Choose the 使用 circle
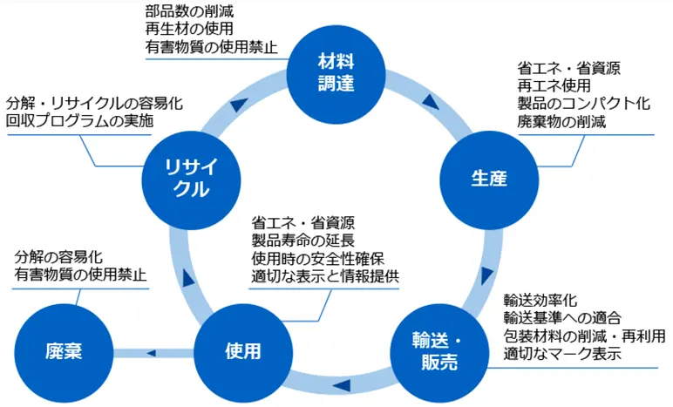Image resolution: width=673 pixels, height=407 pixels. pyautogui.click(x=241, y=352)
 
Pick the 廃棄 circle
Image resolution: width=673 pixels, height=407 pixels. pyautogui.click(x=64, y=352)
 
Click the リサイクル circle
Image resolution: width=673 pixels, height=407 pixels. pyautogui.click(x=186, y=178)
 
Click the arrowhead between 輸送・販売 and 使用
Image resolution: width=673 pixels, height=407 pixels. pyautogui.click(x=342, y=383)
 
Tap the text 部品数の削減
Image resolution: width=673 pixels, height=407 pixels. pyautogui.click(x=189, y=12)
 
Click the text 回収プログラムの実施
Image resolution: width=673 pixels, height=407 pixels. pyautogui.click(x=79, y=121)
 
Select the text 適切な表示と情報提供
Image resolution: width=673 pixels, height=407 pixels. pyautogui.click(x=324, y=276)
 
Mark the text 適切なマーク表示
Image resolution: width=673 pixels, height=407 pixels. pyautogui.click(x=561, y=354)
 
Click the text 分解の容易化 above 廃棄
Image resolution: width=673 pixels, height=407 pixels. pyautogui.click(x=59, y=258)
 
